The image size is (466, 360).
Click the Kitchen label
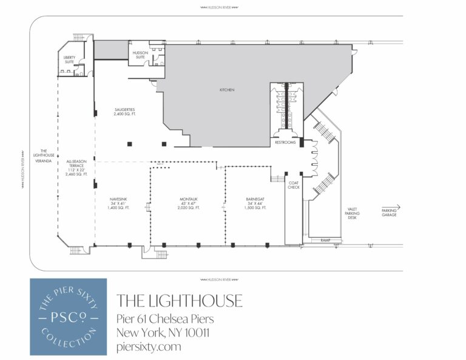[227, 90]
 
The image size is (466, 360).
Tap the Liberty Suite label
[70, 59]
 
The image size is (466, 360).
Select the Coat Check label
[294, 185]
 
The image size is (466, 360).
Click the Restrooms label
[286, 143]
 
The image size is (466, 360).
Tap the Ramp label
[325, 241]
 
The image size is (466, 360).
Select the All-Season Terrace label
[77, 168]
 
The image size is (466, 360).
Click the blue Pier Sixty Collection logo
[68, 316]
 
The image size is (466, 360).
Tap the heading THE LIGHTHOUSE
[179, 300]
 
